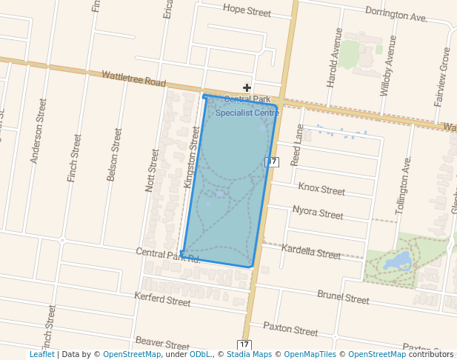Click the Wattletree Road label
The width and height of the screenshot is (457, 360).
pyautogui.click(x=134, y=79)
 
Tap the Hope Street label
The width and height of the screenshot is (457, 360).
pyautogui.click(x=247, y=11)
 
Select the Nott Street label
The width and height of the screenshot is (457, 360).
pyautogui.click(x=152, y=170)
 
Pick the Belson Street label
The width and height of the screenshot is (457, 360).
pyautogui.click(x=115, y=154)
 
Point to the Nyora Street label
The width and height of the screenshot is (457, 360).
pyautogui.click(x=318, y=213)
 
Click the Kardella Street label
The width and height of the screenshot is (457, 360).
pyautogui.click(x=311, y=251)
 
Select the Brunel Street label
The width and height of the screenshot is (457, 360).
pyautogui.click(x=343, y=297)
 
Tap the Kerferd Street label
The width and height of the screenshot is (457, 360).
pyautogui.click(x=162, y=300)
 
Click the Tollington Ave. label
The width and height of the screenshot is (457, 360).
pyautogui.click(x=403, y=185)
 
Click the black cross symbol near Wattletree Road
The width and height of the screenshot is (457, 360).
pyautogui.click(x=247, y=87)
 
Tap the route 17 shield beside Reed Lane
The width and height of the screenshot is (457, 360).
pyautogui.click(x=272, y=161)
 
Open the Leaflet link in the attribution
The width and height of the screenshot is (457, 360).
pyautogui.click(x=41, y=355)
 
